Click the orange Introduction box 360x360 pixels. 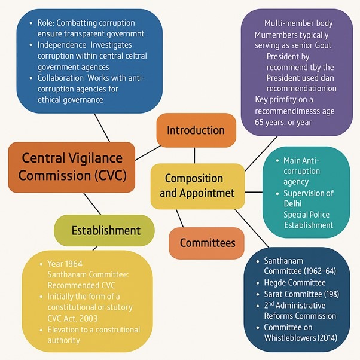tap(196, 130)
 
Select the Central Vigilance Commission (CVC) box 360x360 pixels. tap(71, 167)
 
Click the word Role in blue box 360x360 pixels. tap(46, 22)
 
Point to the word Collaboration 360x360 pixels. tap(65, 78)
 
